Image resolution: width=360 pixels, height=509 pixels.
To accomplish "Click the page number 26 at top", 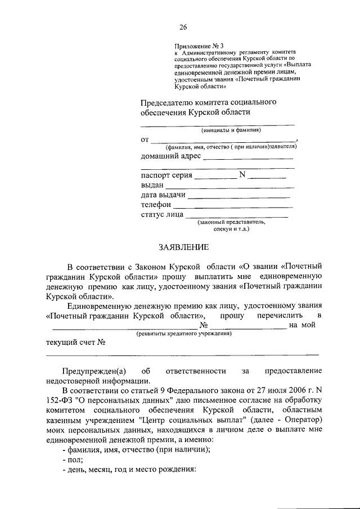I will pyautogui.click(x=183, y=27).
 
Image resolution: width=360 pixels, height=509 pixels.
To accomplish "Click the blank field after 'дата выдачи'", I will pyautogui.click(x=238, y=197).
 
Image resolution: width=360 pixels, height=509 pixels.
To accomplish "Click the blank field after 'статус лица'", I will pyautogui.click(x=236, y=218).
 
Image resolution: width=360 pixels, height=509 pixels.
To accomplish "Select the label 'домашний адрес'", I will pyautogui.click(x=170, y=156).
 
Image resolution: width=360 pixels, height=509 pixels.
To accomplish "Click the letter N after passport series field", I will pyautogui.click(x=242, y=175).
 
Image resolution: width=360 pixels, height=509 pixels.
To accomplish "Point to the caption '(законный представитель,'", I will pyautogui.click(x=231, y=222).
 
